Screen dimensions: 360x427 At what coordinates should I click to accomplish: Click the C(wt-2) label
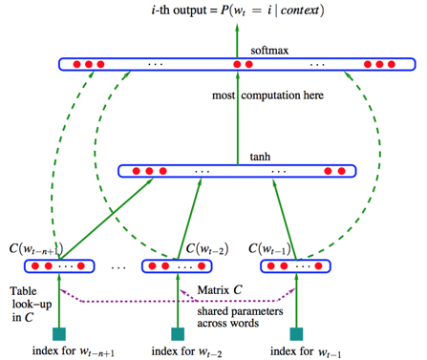tap(205, 249)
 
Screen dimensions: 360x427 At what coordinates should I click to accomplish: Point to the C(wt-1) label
tap(273, 249)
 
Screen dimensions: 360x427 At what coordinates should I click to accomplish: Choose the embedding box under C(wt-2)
tap(178, 265)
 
